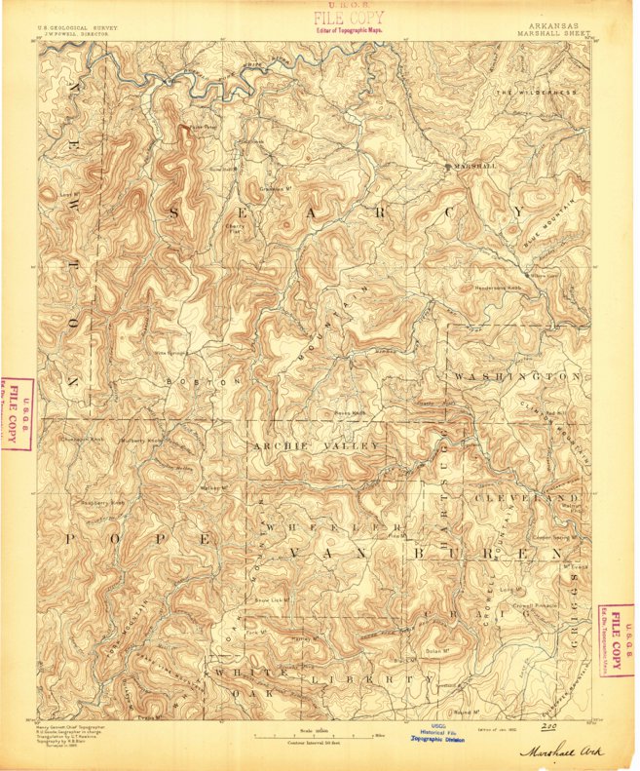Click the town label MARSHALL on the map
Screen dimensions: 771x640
476,167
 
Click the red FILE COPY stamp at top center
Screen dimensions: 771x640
348,19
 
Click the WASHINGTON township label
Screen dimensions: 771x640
516,375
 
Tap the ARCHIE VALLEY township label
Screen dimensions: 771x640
316,445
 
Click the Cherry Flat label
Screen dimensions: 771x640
234,230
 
